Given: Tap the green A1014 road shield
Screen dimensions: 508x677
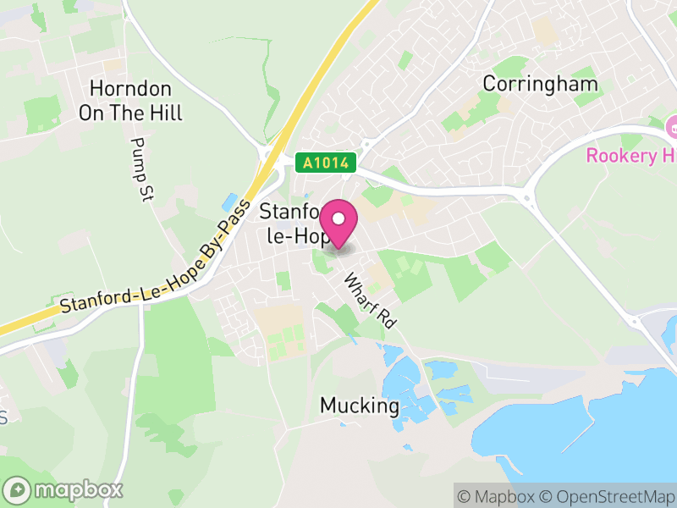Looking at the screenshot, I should (326, 163).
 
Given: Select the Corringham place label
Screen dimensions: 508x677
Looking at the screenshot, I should (540, 84).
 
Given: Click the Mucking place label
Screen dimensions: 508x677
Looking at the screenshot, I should (360, 406).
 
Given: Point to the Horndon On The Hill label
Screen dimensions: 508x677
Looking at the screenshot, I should (130, 100).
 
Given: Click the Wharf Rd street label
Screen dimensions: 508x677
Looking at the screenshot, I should (371, 301).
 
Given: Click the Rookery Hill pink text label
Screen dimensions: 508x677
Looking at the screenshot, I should (630, 156).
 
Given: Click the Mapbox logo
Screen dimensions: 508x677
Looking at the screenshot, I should (64, 489).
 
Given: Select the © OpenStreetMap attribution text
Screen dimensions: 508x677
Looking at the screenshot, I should (608, 495).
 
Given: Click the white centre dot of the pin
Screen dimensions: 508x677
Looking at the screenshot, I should (339, 218).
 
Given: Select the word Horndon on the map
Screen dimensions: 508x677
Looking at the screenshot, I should (130, 88).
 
